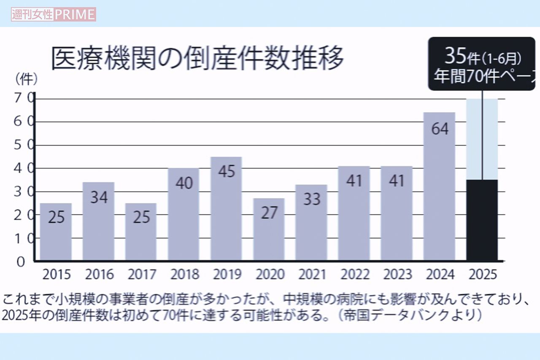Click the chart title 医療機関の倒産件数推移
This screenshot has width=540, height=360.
point(197,58)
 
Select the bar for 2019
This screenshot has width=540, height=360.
point(226,208)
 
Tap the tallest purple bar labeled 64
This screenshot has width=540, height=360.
point(440,186)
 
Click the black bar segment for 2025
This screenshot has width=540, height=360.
point(482,220)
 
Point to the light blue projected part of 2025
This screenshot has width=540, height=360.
point(482,139)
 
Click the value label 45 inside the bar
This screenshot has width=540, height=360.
point(226,172)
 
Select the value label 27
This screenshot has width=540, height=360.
point(269,213)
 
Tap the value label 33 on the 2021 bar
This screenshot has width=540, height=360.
point(312,199)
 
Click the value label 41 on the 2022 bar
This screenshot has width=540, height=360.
point(354,180)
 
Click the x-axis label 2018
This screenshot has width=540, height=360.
point(184,274)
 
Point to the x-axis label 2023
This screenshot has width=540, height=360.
point(397,274)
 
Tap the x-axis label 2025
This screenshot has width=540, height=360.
point(483,274)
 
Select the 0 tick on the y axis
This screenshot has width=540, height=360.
point(20,261)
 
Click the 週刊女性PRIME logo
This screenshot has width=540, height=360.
point(54,14)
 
